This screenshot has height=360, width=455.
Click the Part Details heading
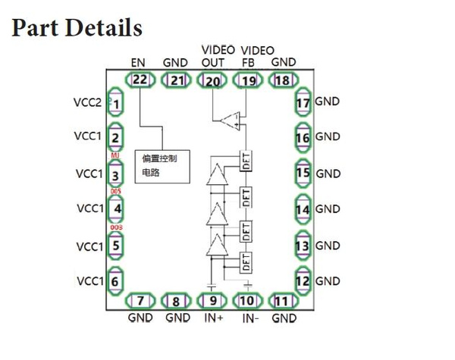point(77,27)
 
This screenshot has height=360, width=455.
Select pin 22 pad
point(140,80)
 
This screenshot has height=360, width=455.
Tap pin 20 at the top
point(212,80)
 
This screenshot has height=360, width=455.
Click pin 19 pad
point(248,80)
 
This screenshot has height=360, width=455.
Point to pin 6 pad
point(115,281)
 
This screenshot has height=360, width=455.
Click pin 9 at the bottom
point(212,302)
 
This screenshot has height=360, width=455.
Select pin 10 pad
point(248,302)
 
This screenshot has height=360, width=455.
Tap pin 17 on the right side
point(303,102)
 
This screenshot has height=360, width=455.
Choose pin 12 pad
point(303,281)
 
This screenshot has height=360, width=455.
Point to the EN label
point(139,62)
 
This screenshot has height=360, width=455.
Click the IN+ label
point(212,319)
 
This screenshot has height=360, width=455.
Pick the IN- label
point(251,319)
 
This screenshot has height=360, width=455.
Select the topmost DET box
point(245,160)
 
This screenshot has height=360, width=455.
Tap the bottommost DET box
point(245,262)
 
